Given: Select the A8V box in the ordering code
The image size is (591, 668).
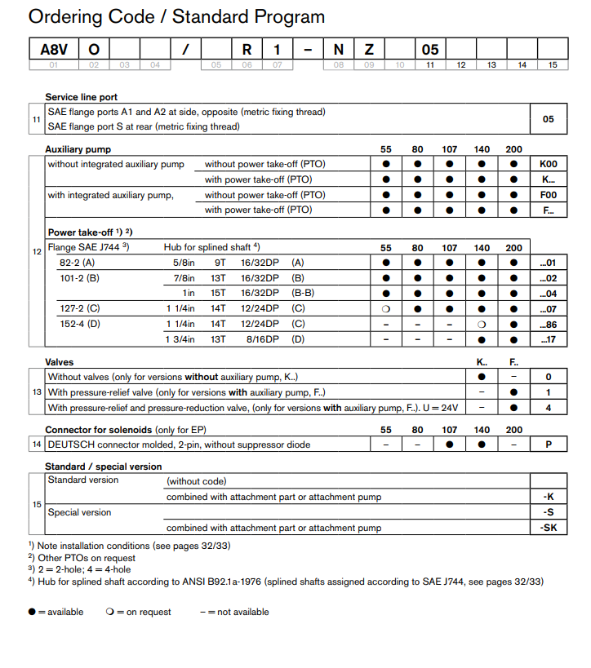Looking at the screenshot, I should (54, 50).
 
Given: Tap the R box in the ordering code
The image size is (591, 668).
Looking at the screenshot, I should (247, 50).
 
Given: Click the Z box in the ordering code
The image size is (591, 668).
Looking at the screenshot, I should (369, 50).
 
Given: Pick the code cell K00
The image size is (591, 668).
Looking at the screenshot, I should (548, 164).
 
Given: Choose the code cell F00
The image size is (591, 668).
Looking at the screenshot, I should (548, 195).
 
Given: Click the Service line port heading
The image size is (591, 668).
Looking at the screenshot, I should (82, 97).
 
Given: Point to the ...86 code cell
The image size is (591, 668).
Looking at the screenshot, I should (548, 324).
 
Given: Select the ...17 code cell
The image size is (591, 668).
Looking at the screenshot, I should (548, 339).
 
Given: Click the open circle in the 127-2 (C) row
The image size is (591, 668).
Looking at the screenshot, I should (386, 308).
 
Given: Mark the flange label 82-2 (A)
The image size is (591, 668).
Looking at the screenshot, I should (77, 263).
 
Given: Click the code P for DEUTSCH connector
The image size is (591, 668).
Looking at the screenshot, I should (548, 445).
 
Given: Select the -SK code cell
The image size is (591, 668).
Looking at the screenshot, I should (549, 528).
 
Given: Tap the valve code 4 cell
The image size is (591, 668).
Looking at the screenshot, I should (548, 408).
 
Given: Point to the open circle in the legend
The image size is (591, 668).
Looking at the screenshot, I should (109, 612).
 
